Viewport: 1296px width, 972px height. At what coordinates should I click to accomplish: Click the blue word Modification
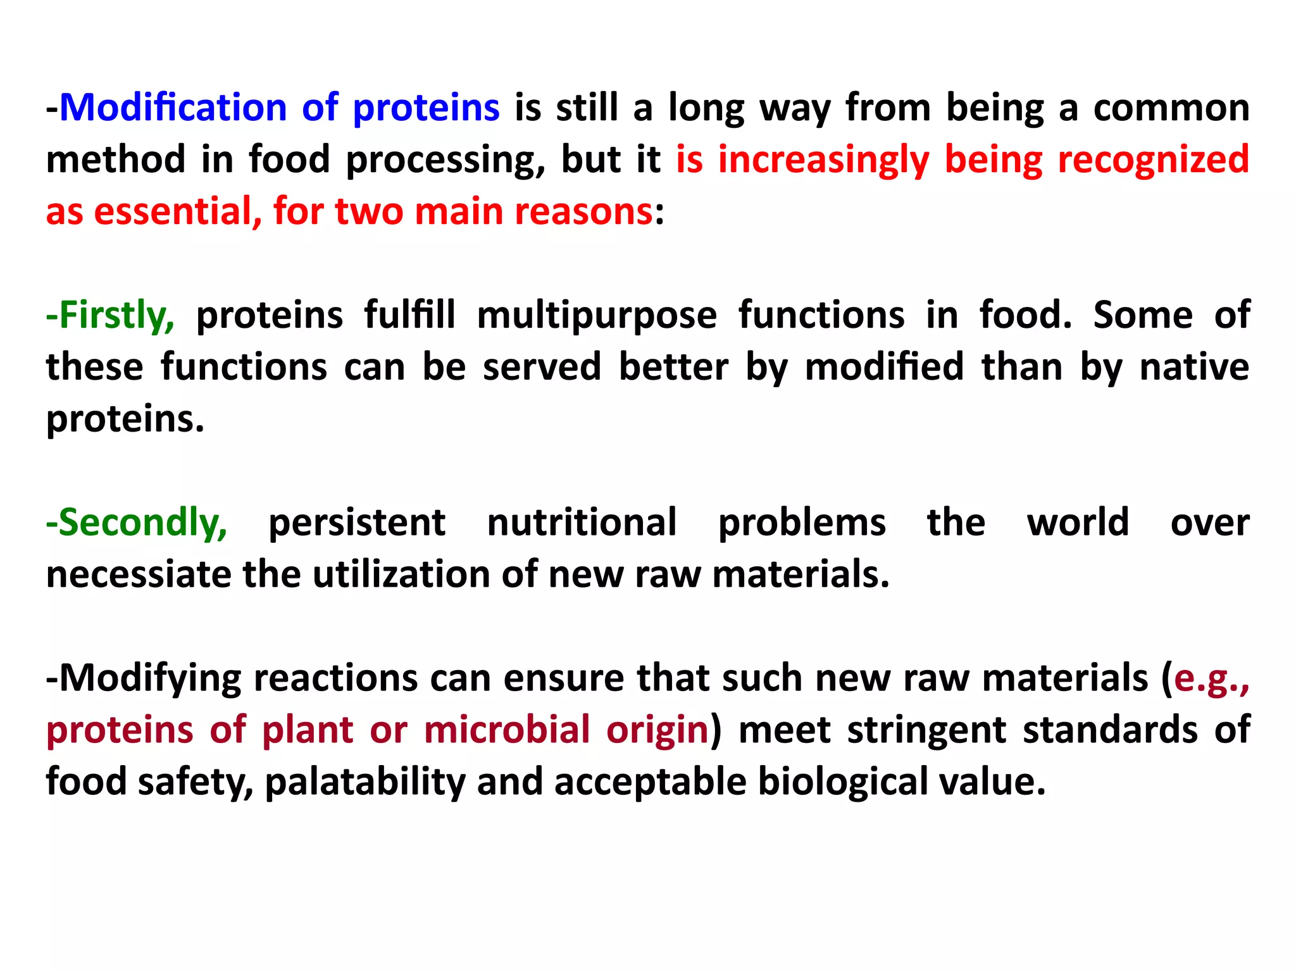pyautogui.click(x=173, y=108)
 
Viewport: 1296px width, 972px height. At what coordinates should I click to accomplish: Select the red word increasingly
pyautogui.click(x=823, y=159)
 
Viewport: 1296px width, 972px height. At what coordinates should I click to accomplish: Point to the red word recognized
pyautogui.click(x=1153, y=159)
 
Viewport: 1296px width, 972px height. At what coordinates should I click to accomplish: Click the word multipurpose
pyautogui.click(x=597, y=315)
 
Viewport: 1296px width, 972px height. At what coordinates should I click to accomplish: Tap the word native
pyautogui.click(x=1194, y=367)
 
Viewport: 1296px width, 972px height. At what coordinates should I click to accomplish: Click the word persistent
pyautogui.click(x=357, y=523)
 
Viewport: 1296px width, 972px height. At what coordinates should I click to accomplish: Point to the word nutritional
pyautogui.click(x=582, y=523)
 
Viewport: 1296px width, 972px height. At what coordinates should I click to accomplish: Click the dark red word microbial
pyautogui.click(x=507, y=730)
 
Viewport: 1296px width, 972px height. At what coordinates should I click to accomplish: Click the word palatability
pyautogui.click(x=365, y=782)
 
